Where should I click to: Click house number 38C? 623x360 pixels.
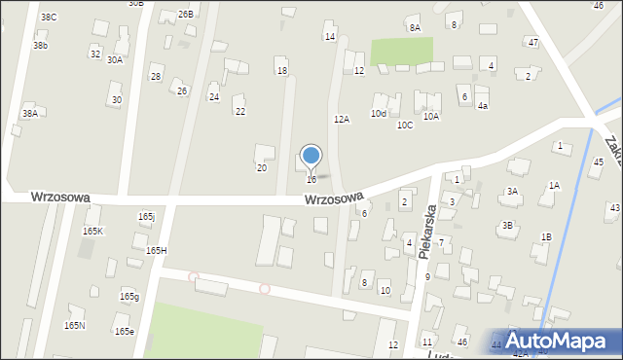point(49,18)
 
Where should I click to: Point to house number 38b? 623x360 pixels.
point(40,46)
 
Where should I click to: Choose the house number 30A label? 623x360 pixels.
point(115,59)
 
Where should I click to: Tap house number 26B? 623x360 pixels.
point(185,14)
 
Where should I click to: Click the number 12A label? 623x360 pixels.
point(341,119)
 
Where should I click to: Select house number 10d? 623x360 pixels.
point(378,114)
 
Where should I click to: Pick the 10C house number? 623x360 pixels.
point(404,125)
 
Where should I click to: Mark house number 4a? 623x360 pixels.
point(482,105)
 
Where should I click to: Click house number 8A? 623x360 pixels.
point(415,27)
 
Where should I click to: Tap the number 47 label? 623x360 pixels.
point(532,43)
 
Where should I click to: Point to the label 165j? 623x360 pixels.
point(147,217)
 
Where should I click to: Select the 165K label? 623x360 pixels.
point(93,231)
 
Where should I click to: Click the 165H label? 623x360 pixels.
point(156,250)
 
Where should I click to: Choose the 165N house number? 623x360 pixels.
point(74,325)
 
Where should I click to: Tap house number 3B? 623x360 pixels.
point(507,225)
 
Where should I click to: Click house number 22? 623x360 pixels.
point(239,112)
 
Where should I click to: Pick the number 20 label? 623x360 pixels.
point(261,168)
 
